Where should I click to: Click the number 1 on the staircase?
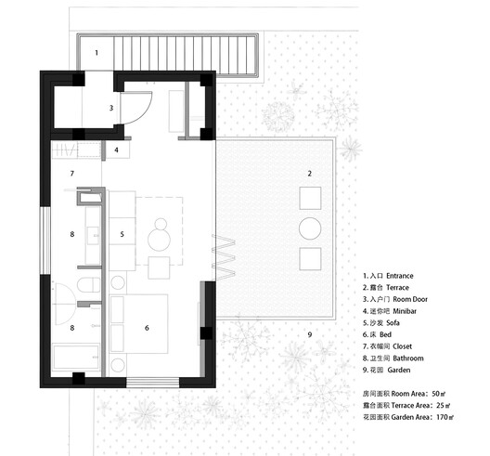tap(96, 52)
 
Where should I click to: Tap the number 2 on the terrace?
tap(310, 174)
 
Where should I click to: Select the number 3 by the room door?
tap(110, 108)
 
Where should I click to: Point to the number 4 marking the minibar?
tap(116, 150)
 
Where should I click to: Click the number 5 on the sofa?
tap(122, 235)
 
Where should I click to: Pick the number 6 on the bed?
tap(147, 327)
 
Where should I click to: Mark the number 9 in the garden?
tap(311, 333)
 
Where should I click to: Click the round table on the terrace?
tap(310, 228)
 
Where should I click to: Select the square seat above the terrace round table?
tap(310, 197)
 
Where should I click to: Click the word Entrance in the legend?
tap(396, 276)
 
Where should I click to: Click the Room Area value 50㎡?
tap(441, 394)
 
